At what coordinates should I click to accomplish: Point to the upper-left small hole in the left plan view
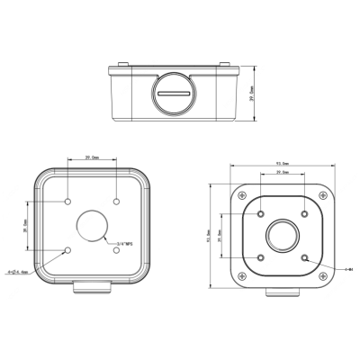pos(69,200)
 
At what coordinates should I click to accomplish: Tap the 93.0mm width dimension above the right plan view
pos(283,164)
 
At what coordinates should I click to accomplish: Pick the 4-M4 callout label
pos(346,267)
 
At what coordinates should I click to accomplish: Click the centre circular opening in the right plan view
pos(283,236)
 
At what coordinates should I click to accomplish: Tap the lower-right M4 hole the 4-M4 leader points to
pos(307,258)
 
